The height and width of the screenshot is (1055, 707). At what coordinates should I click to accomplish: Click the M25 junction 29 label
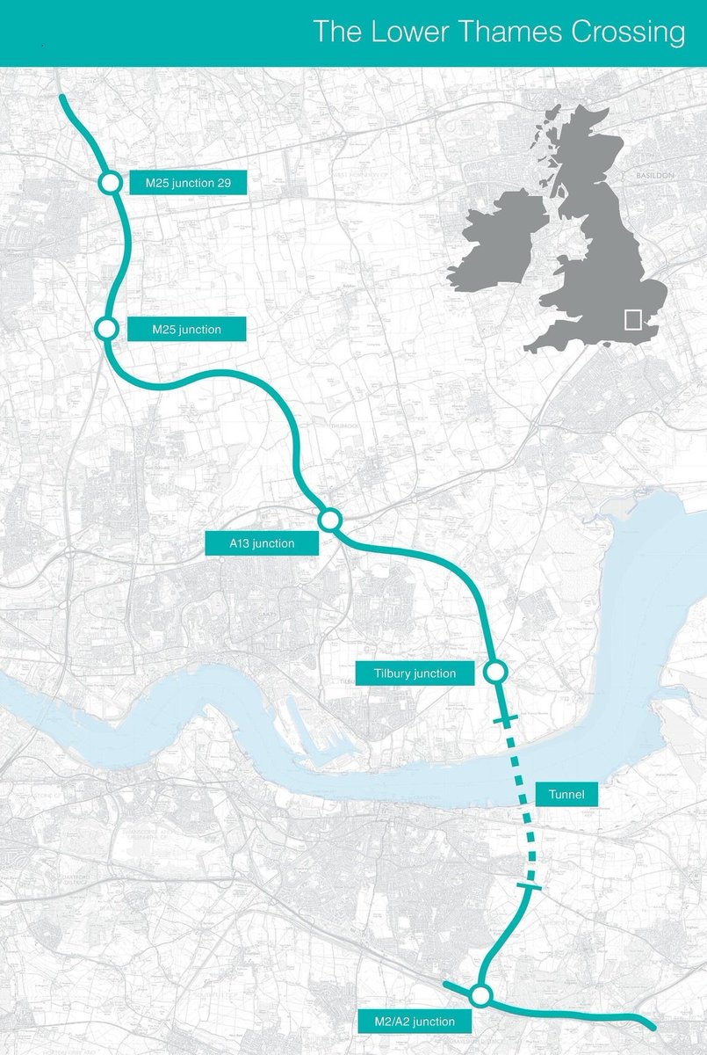(187, 184)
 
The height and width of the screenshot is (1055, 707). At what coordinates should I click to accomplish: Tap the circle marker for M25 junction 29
(110, 183)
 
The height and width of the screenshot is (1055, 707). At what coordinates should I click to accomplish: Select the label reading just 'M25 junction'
(186, 330)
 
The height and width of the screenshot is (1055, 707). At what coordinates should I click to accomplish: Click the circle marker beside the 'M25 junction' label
(106, 329)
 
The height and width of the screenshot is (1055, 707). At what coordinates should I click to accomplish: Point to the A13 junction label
(262, 544)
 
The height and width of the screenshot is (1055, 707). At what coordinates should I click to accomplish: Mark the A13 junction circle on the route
(329, 520)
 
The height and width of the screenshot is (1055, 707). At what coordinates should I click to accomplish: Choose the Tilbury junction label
(415, 673)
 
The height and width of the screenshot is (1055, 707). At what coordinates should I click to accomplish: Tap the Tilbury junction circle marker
(494, 673)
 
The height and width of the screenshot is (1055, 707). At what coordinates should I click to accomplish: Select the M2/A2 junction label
(415, 1022)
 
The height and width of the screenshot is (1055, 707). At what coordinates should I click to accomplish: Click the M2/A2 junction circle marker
(480, 996)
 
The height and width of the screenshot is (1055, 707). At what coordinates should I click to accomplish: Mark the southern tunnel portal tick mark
(530, 889)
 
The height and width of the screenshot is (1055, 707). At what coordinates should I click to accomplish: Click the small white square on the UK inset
(632, 319)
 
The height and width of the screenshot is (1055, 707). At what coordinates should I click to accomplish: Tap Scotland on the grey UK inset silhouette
(575, 149)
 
